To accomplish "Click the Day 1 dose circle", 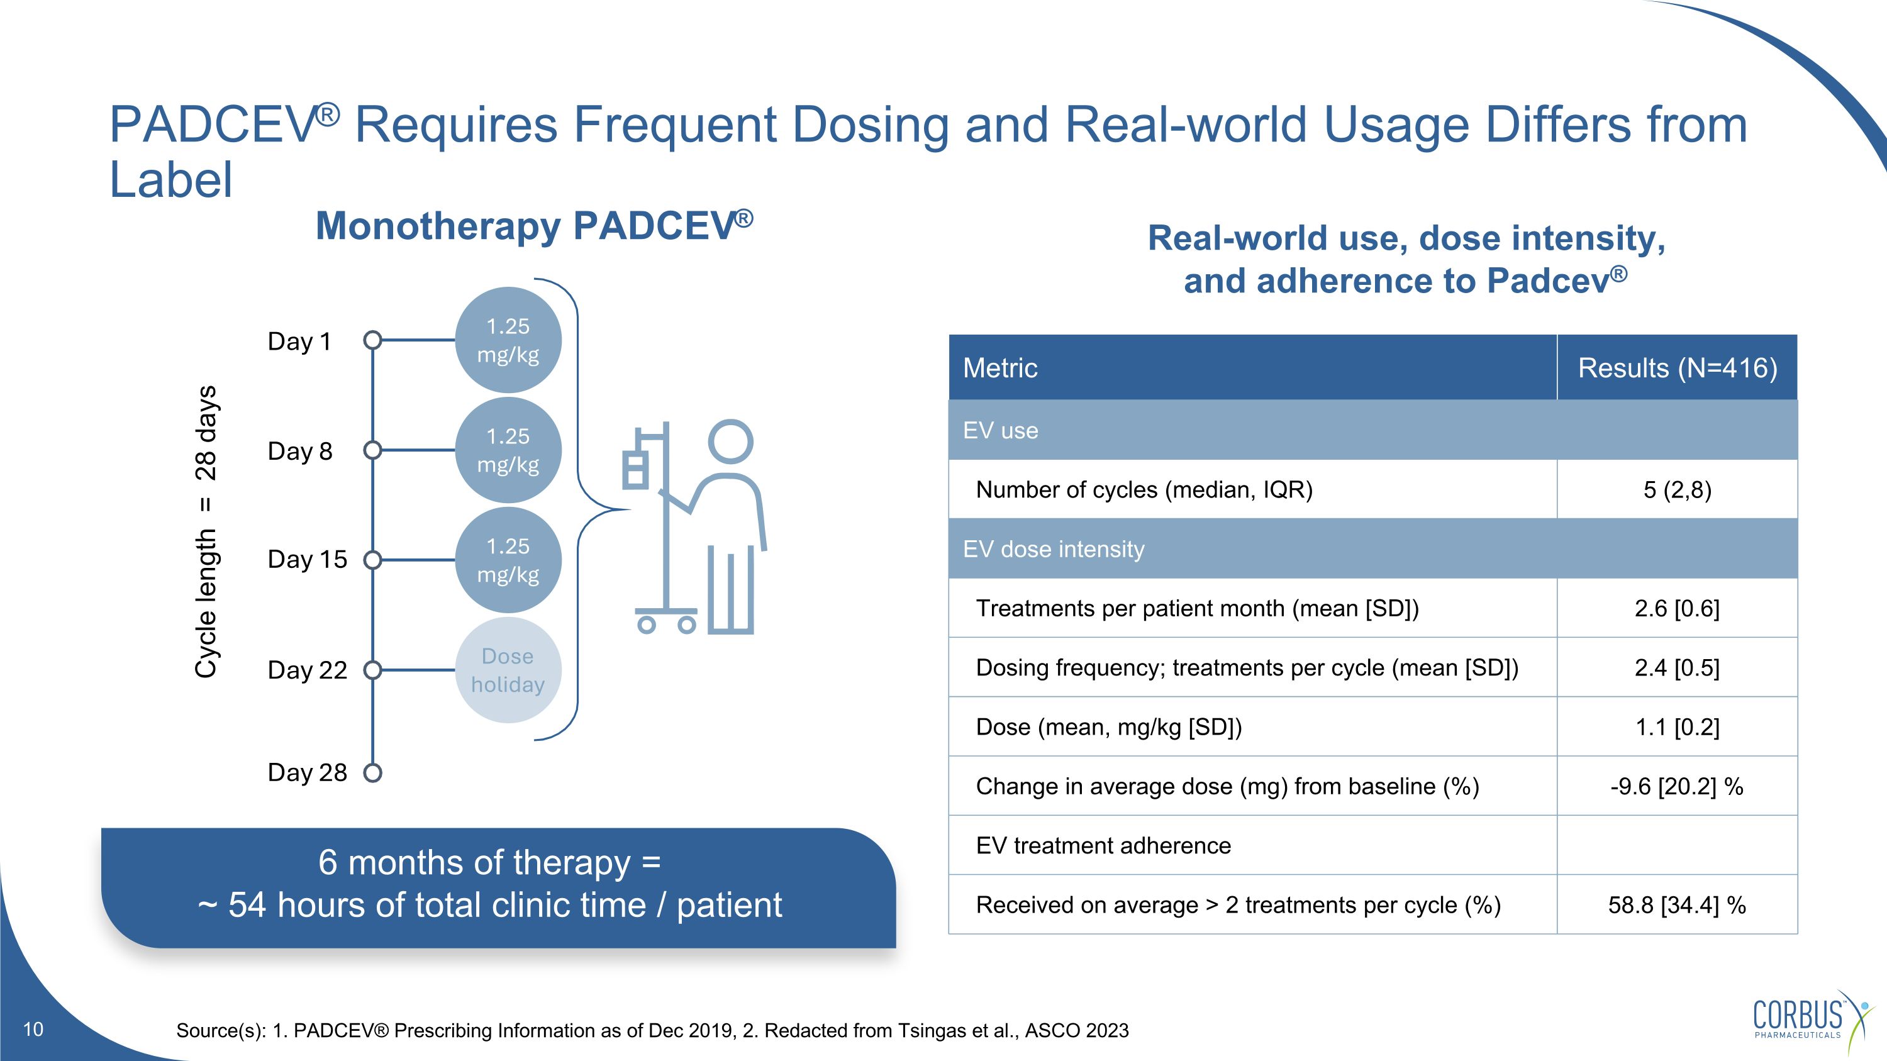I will pos(508,340).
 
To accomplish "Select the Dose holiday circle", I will pos(508,670).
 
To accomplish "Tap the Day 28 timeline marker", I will pos(373,772).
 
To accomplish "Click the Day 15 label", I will pos(307,559).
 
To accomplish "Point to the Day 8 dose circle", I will pos(508,450).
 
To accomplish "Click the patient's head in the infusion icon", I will pos(730,442).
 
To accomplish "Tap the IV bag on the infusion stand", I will pos(635,467).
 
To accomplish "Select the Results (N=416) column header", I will pos(1677,367).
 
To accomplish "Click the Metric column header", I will pos(1000,367).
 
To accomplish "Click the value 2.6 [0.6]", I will pos(1677,608).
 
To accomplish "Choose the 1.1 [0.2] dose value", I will pos(1677,727).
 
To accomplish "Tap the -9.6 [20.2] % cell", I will pos(1677,786).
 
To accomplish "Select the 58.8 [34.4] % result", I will pos(1677,905).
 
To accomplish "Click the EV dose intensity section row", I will pos(1054,549).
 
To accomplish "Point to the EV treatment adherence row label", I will pos(1103,846).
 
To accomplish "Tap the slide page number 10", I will pos(33,1030).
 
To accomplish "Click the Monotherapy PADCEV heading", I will pos(534,226).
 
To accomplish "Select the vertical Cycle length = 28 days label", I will pos(206,531).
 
